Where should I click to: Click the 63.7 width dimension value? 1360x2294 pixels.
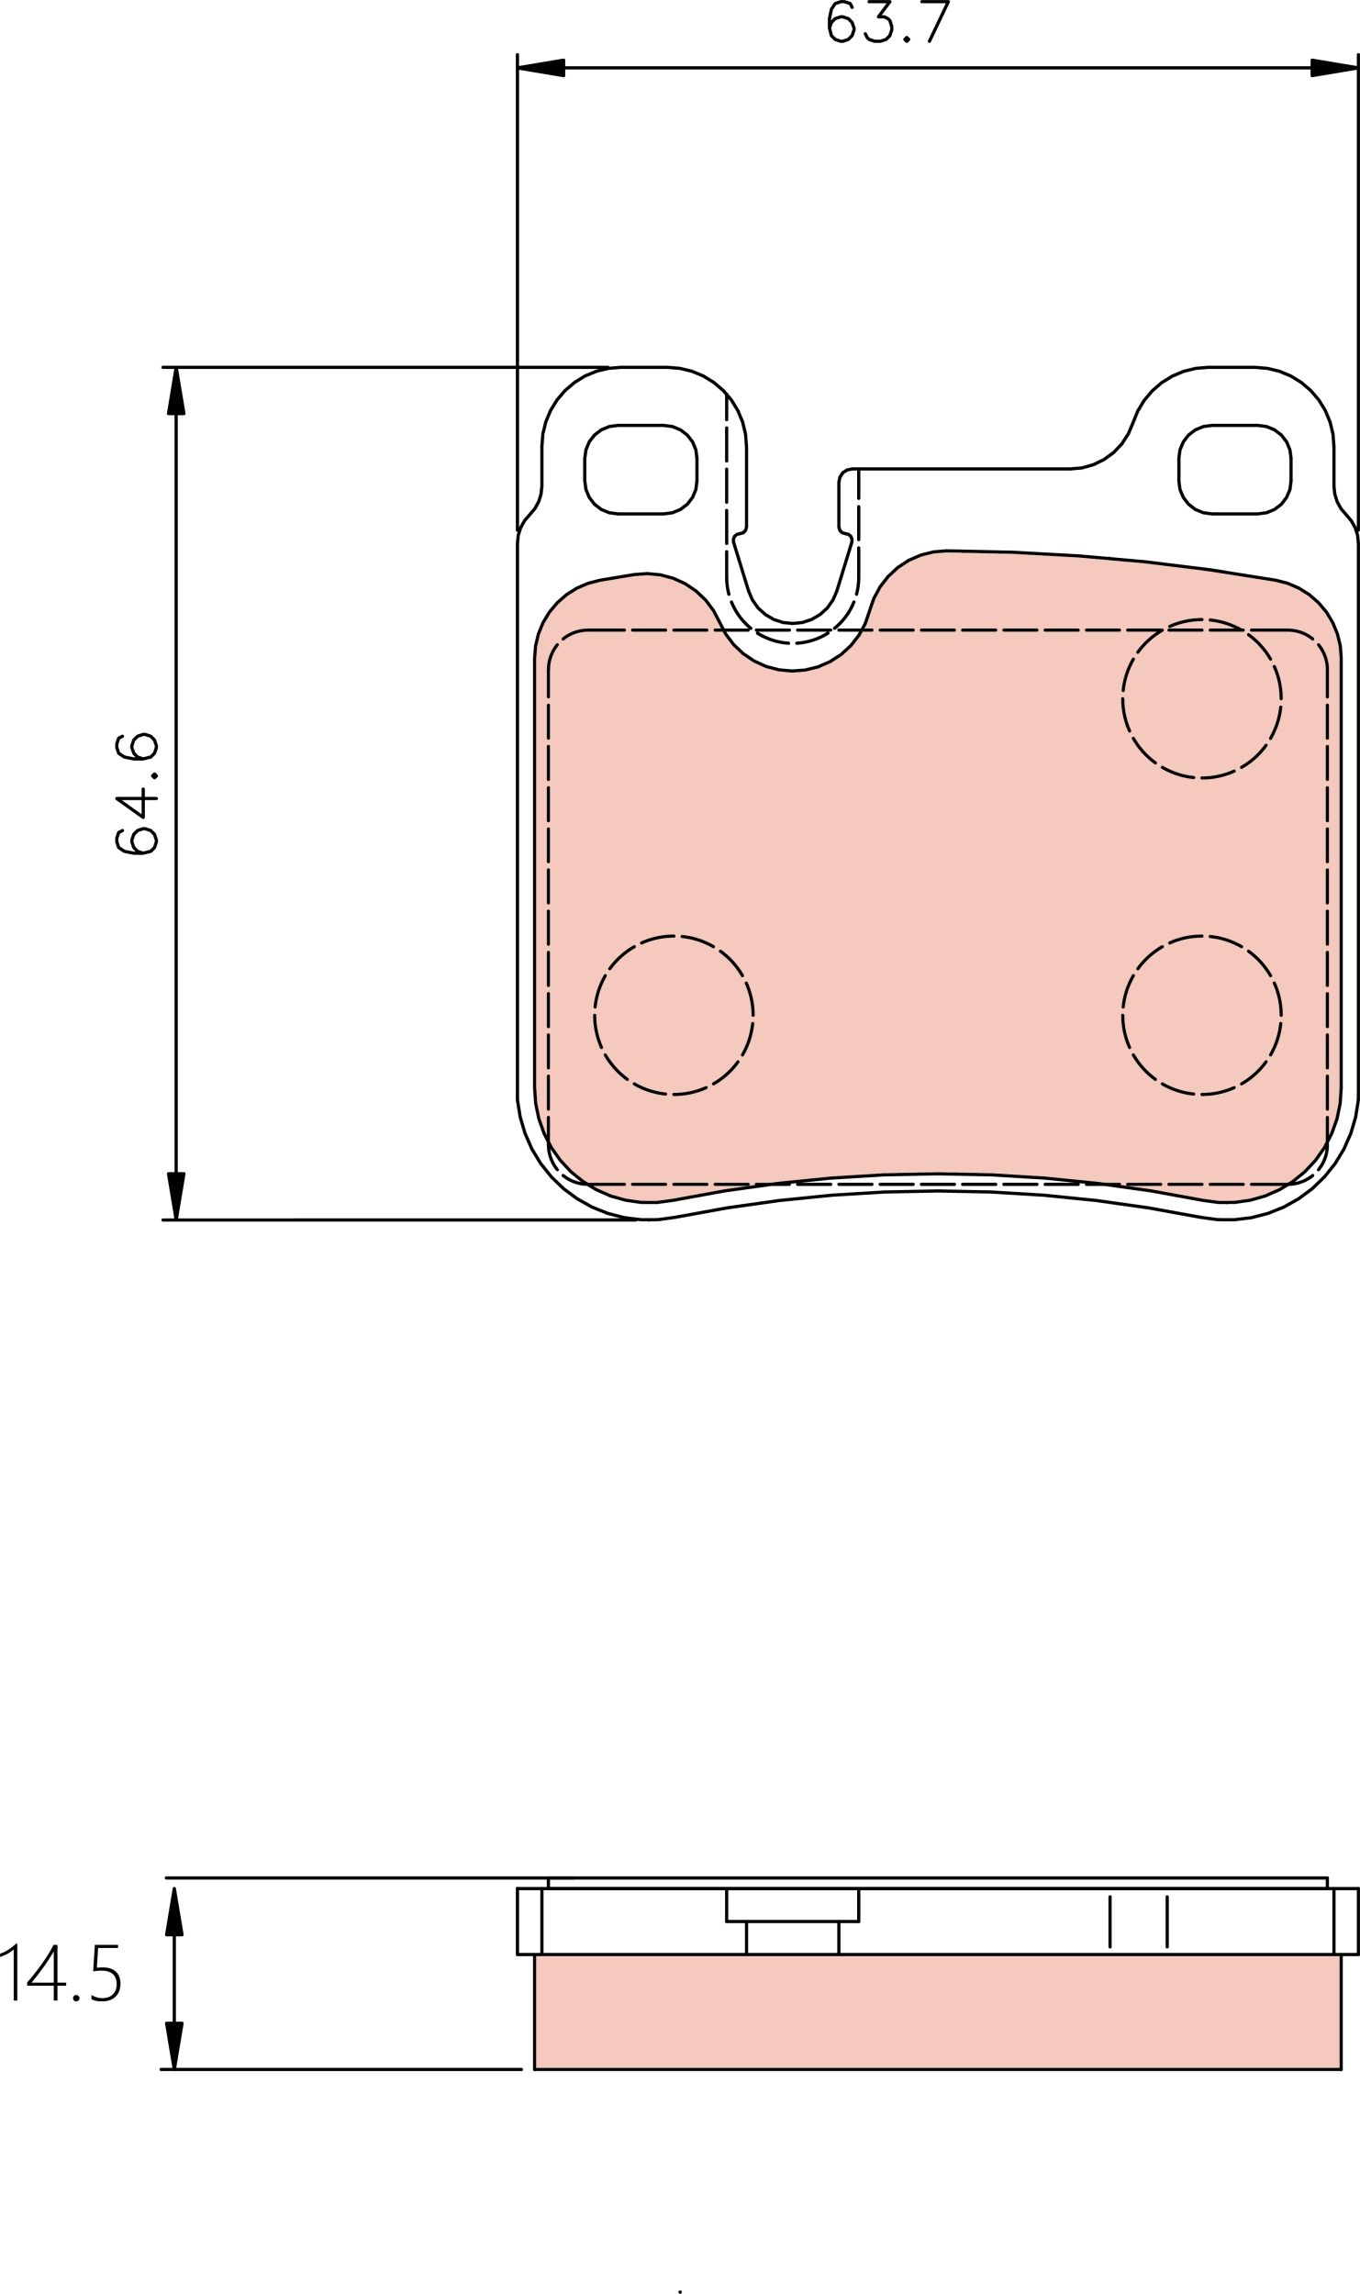pyautogui.click(x=886, y=23)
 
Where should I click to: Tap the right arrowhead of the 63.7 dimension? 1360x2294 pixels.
pyautogui.click(x=1333, y=68)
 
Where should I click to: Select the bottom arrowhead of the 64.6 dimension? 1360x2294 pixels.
pyautogui.click(x=175, y=1195)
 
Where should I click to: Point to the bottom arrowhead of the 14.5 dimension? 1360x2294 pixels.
pyautogui.click(x=174, y=2044)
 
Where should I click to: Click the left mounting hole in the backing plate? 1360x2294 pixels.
pyautogui.click(x=641, y=469)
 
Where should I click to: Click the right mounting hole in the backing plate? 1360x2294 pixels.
pyautogui.click(x=1234, y=469)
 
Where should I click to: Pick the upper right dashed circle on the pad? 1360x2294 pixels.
pyautogui.click(x=1201, y=699)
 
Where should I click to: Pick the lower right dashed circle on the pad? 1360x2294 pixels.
pyautogui.click(x=1201, y=1015)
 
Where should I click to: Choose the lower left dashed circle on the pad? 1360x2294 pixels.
pyautogui.click(x=674, y=1015)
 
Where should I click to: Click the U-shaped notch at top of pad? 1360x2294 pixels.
pyautogui.click(x=792, y=587)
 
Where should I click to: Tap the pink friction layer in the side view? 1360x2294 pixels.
pyautogui.click(x=936, y=2011)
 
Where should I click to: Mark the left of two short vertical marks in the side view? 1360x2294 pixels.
pyautogui.click(x=1110, y=1921)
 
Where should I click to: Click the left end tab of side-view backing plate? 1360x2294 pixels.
pyautogui.click(x=530, y=1921)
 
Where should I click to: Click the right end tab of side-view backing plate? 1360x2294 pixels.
pyautogui.click(x=1345, y=1921)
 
